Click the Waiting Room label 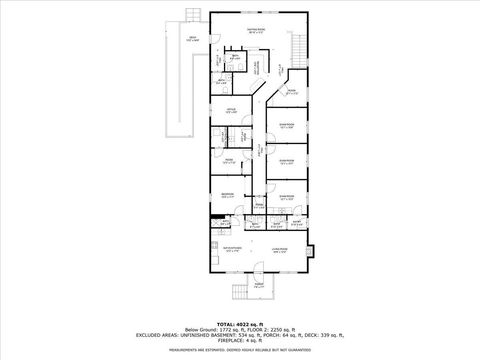(x=256, y=30)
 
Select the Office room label (x=231, y=111)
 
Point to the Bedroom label (x=227, y=196)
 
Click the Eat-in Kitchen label (x=233, y=249)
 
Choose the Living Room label (x=281, y=249)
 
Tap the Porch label (x=258, y=286)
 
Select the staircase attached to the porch (x=236, y=293)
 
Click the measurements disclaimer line (x=240, y=351)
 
